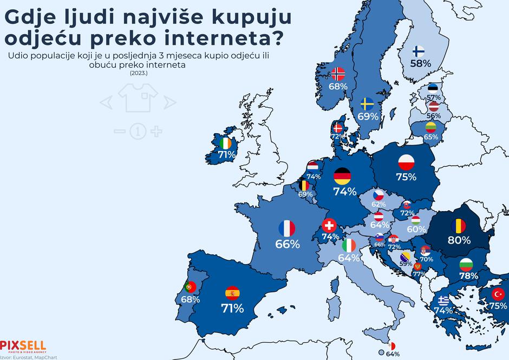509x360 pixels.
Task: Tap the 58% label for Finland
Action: pos(420,63)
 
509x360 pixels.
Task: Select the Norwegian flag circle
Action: pos(338,74)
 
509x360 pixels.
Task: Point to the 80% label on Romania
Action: pos(459,239)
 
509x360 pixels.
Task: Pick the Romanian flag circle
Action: pos(459,224)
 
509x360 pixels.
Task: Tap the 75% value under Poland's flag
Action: pos(406,177)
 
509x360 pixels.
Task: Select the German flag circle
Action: pos(342,175)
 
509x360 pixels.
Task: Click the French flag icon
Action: pos(286,228)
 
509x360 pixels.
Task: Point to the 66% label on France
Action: pos(288,244)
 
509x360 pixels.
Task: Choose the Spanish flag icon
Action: pos(232,293)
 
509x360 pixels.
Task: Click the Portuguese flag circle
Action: pos(190,286)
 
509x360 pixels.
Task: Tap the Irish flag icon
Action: pos(226,143)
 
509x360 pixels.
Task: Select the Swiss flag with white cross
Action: pos(329,225)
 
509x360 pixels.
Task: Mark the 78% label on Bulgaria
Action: pos(468,276)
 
